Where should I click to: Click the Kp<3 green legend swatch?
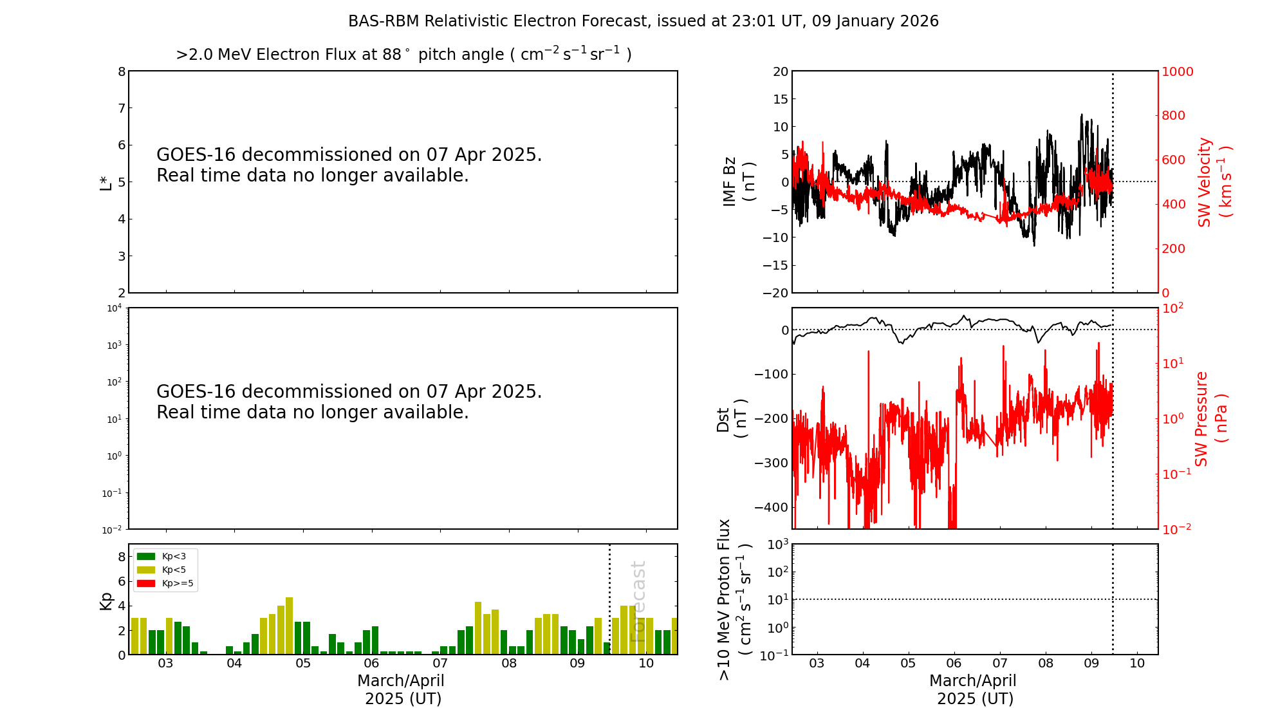(x=146, y=556)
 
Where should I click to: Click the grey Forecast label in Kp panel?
(x=638, y=601)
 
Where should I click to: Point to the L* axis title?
(x=106, y=182)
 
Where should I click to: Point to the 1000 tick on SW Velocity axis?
(x=1176, y=71)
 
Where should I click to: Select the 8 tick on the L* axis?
(x=122, y=71)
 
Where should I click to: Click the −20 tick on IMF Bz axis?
(x=775, y=293)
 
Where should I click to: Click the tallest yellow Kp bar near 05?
(x=290, y=625)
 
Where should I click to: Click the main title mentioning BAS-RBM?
(x=643, y=21)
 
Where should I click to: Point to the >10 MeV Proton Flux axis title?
(x=734, y=600)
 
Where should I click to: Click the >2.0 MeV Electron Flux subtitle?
(x=403, y=54)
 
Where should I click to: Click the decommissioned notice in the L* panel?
(x=349, y=165)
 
